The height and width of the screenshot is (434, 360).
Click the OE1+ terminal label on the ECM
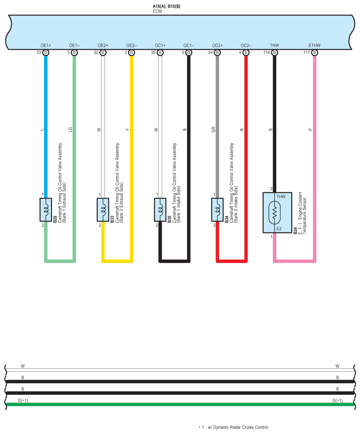click(x=46, y=45)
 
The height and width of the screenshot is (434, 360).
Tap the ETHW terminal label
click(x=314, y=45)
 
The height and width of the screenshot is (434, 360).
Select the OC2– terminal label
click(x=246, y=45)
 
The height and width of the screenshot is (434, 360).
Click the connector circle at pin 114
click(x=275, y=52)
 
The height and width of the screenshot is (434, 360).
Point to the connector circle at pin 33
click(x=46, y=52)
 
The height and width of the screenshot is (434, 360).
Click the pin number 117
click(x=306, y=52)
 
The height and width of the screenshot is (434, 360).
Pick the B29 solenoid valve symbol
click(x=46, y=210)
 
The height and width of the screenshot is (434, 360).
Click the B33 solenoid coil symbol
click(x=103, y=210)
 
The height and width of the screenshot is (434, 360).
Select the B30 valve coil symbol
click(x=160, y=210)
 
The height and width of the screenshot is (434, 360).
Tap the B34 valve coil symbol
click(x=217, y=210)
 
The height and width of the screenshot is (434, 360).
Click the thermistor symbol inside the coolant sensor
click(x=274, y=213)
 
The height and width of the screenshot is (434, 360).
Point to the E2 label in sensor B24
click(x=279, y=228)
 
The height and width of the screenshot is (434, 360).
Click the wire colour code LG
click(x=70, y=130)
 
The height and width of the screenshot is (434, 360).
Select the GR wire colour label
click(x=213, y=130)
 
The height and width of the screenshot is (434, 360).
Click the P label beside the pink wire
click(x=310, y=130)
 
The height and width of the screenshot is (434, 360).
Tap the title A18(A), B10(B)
click(x=167, y=6)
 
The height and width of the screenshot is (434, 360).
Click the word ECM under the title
click(x=157, y=11)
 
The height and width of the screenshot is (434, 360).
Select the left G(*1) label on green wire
click(x=23, y=400)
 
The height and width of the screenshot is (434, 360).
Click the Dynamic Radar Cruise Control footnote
click(x=233, y=427)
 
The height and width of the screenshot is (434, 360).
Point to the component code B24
click(x=295, y=231)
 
